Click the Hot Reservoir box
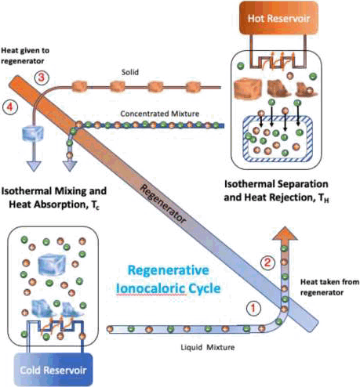coord(278,18)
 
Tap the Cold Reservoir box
coord(53,370)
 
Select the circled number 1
coord(253,309)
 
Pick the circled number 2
coord(267,262)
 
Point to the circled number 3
coord(42,78)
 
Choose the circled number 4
coord(10,107)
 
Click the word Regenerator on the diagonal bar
coord(162,204)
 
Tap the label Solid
coord(130,72)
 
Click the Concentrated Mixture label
coord(160,114)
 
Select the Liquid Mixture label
coord(208,348)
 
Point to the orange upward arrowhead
coord(285,233)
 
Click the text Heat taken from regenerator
coord(329,288)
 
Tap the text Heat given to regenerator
coord(25,56)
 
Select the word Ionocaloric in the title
coord(151,289)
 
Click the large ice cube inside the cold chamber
coord(52,265)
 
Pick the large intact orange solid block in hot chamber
coord(248,89)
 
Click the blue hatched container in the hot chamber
coord(278,139)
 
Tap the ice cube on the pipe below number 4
coord(33,133)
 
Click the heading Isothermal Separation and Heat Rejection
coord(276,191)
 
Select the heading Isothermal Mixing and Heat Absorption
coord(54,198)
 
